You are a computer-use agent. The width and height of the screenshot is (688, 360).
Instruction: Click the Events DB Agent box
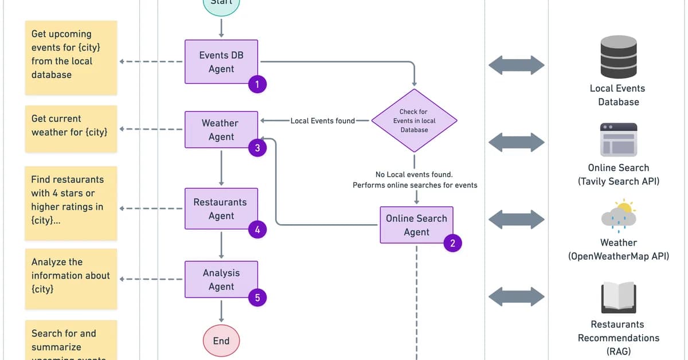pos(221,62)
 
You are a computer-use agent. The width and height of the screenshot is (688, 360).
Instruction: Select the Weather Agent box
pos(221,130)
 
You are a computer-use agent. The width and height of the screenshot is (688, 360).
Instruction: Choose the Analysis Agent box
pos(221,280)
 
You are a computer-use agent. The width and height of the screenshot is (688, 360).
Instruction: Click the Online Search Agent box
pos(416,225)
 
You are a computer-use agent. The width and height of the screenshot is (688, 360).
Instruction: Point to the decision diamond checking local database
pos(414,120)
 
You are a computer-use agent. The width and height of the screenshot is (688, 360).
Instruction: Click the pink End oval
pos(221,341)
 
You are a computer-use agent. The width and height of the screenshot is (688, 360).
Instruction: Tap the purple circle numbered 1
pos(257,85)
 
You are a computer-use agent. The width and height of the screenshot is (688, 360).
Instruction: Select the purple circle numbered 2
pos(452,243)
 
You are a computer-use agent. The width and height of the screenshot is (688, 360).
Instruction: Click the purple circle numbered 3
pos(257,148)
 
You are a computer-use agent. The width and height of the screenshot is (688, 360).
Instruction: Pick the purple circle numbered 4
pos(257,230)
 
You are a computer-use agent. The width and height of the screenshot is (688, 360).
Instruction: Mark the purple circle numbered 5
pos(257,298)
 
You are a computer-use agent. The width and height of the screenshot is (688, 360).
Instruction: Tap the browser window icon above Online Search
pos(618,139)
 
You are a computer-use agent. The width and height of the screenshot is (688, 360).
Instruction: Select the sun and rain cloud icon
pos(618,216)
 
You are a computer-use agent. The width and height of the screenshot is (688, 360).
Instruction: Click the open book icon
pos(618,298)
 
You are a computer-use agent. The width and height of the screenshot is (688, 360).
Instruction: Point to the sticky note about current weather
pos(71,128)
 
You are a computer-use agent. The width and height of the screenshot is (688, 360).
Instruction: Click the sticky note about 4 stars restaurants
pos(71,203)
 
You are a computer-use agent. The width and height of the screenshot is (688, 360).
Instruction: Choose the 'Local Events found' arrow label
pos(323,121)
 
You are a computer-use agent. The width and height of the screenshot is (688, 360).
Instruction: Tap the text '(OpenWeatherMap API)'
pos(618,256)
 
